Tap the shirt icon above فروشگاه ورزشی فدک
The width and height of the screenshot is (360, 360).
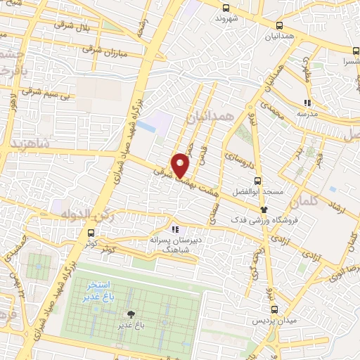coord(264,209)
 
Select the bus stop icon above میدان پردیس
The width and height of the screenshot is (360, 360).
coord(275,308)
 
